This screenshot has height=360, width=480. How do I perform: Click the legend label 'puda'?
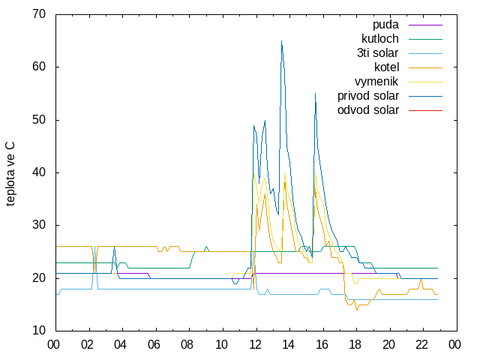pos(385,25)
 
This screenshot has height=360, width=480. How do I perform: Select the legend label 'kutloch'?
pos(380,39)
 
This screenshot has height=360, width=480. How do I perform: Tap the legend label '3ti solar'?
pos(378,53)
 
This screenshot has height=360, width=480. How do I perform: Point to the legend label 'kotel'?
pos(387,67)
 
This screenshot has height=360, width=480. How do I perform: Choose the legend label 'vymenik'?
pos(376,82)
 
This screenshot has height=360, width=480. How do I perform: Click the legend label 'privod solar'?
pos(368,96)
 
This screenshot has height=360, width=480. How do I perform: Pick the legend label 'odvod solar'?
pos(368,110)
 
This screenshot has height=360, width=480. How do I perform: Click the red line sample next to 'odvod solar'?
pos(425,110)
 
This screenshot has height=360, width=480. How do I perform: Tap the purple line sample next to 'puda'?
pos(425,25)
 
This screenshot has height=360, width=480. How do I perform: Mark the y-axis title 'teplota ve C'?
pos(10,174)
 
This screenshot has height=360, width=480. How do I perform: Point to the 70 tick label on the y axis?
pos(39,14)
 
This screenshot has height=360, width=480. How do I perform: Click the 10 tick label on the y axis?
pos(39,331)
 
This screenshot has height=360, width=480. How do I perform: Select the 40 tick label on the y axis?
pos(39,172)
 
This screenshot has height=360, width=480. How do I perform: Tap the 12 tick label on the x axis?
pos(255,345)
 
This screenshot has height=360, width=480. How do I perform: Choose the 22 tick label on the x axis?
pos(421,345)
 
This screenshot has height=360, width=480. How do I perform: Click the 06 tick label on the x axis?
pos(154,345)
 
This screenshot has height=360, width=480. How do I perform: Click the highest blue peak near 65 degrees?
pos(282,40)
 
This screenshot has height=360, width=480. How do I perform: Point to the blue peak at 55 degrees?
pos(315,93)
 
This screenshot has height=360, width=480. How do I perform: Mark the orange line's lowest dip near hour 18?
pos(357,310)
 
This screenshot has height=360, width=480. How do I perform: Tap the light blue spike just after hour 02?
pos(94,247)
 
